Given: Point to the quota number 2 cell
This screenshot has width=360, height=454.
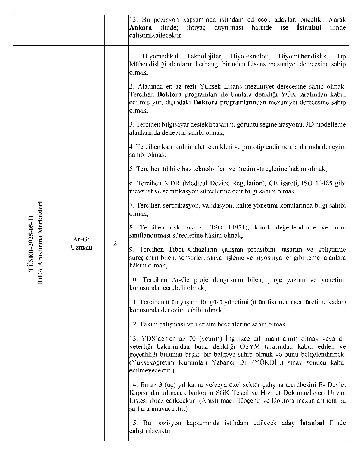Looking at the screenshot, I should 115,243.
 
